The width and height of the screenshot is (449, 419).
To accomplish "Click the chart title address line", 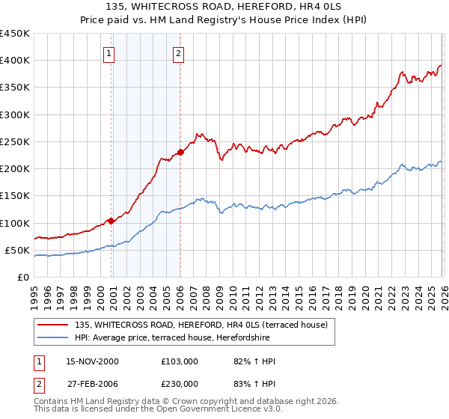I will pyautogui.click(x=224, y=7).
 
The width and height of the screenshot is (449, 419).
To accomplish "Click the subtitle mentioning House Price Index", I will pyautogui.click(x=224, y=20).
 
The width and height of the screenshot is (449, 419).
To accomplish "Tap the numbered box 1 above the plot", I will pyautogui.click(x=109, y=53).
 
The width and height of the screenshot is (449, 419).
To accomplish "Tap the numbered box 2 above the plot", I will pyautogui.click(x=180, y=53).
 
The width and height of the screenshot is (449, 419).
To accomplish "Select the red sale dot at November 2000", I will pyautogui.click(x=111, y=221).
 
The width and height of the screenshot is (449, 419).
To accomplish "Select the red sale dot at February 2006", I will pyautogui.click(x=180, y=153).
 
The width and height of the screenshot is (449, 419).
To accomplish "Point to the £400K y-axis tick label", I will pyautogui.click(x=15, y=61).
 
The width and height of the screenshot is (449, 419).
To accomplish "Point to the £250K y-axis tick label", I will pyautogui.click(x=15, y=141).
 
